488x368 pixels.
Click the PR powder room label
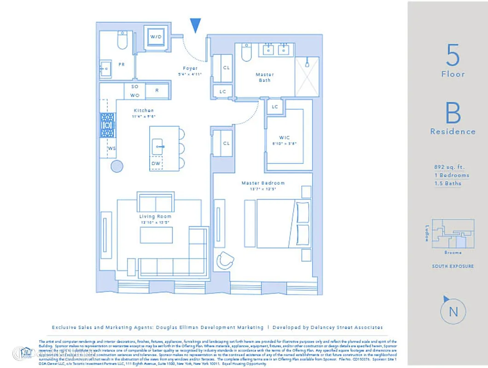click(x=122, y=65)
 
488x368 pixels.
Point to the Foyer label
click(x=190, y=69)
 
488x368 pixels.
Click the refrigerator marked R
click(x=157, y=91)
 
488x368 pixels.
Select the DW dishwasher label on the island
click(x=157, y=164)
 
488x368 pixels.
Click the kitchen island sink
click(x=158, y=147)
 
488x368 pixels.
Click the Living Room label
click(x=155, y=216)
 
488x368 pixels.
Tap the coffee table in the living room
click(x=157, y=235)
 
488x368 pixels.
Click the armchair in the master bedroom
click(x=226, y=260)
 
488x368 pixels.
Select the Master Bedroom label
click(x=263, y=183)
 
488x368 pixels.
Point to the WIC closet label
click(x=284, y=138)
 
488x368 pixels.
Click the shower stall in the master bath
click(x=306, y=77)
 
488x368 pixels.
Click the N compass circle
click(x=453, y=312)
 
